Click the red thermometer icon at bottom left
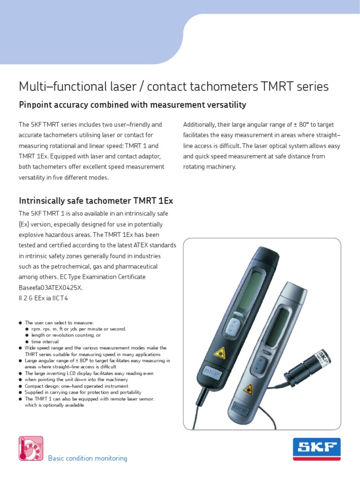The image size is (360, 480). [x=30, y=448]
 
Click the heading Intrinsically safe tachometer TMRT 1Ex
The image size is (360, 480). [x=96, y=201]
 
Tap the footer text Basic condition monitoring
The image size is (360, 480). [x=88, y=458]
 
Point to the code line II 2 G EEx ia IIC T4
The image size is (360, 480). [x=43, y=298]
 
